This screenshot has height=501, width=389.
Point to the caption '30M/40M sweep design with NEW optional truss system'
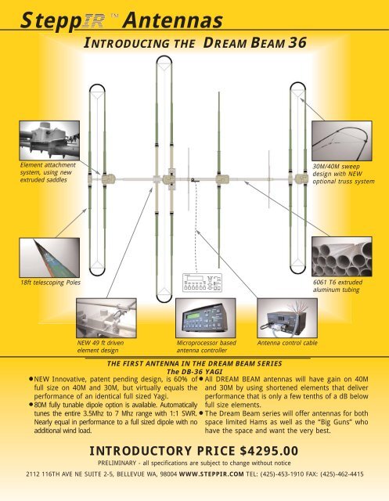(348, 172)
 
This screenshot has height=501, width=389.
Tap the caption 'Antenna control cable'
(289, 342)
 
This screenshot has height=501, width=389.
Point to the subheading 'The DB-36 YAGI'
(194, 371)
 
